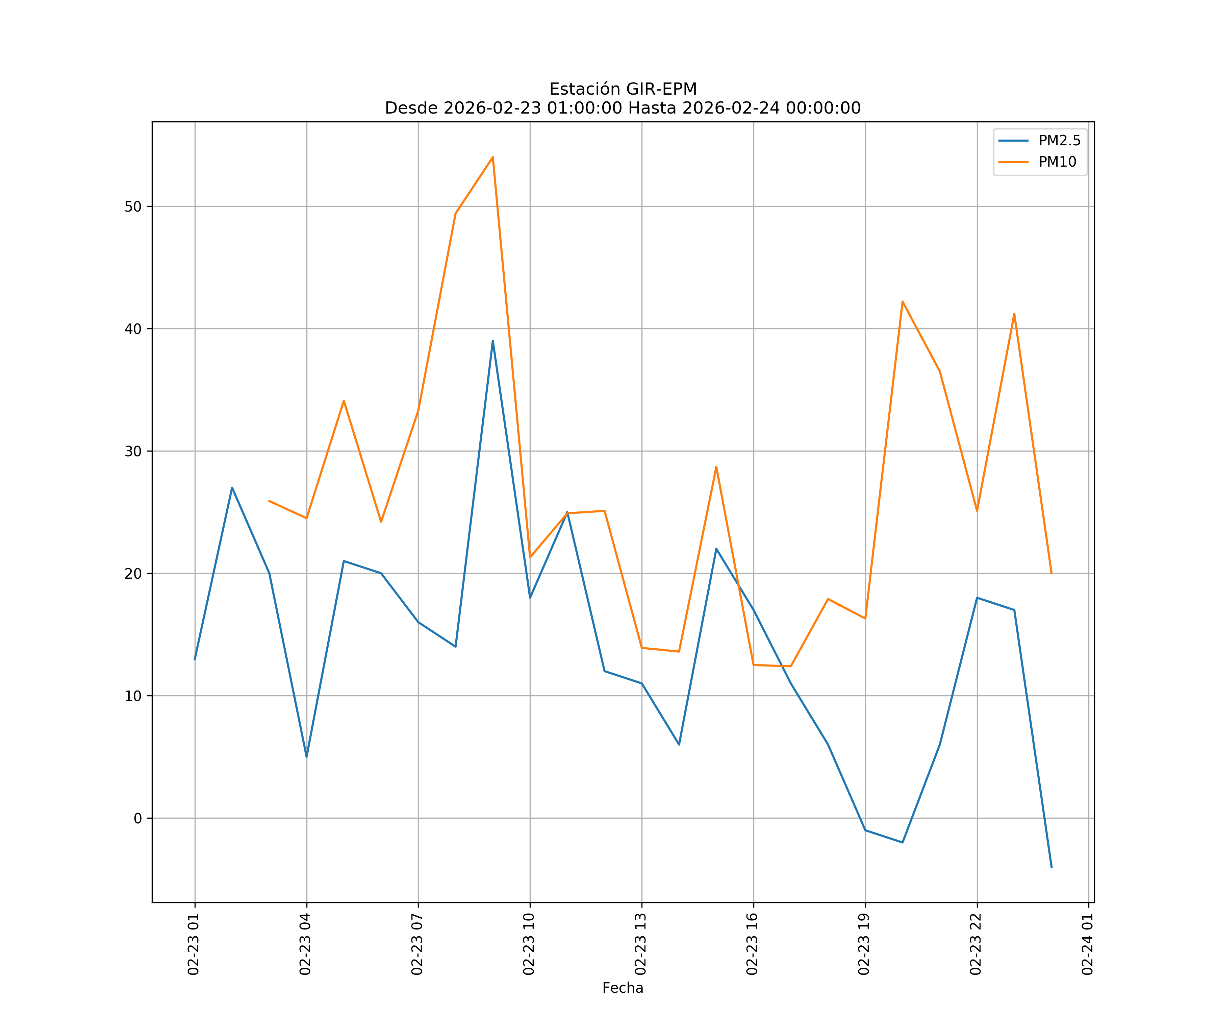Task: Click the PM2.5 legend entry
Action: tap(1059, 141)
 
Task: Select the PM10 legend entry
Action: tap(1057, 162)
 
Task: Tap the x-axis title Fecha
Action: tap(623, 988)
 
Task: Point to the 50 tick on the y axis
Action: tap(133, 207)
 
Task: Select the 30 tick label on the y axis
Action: tap(133, 451)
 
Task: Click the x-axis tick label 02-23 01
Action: tap(194, 944)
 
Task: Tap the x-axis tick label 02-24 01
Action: tap(1088, 944)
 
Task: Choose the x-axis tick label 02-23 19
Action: tap(864, 944)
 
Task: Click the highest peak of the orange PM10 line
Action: tap(493, 157)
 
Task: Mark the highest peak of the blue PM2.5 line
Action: tap(493, 341)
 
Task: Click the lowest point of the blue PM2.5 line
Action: tap(1052, 867)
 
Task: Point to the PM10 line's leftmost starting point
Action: tap(269, 501)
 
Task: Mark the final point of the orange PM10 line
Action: tap(1052, 574)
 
